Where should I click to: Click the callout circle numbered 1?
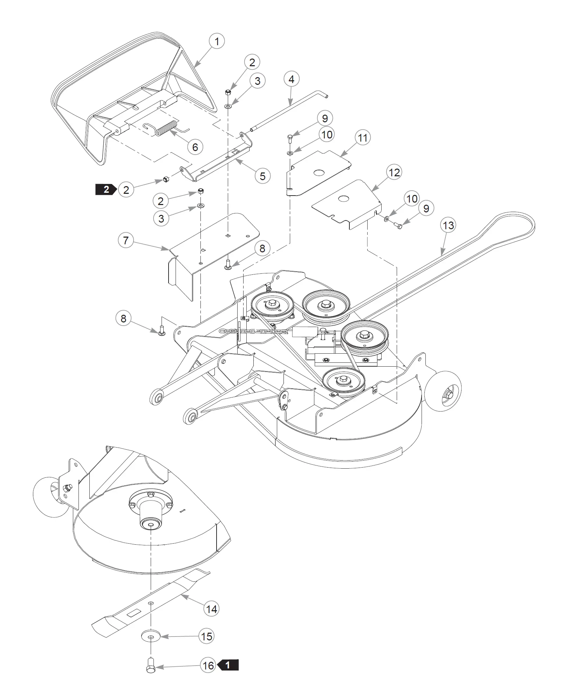point(217,41)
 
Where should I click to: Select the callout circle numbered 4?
point(291,80)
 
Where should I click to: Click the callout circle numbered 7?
point(126,240)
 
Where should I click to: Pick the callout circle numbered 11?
point(362,138)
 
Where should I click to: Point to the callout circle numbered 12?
point(394,172)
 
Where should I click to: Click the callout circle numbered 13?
point(449,225)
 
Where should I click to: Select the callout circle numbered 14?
point(211,609)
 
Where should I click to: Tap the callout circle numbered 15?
point(207,636)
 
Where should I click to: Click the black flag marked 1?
point(228,665)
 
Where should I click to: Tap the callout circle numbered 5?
point(262,176)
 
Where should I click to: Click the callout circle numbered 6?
point(195,147)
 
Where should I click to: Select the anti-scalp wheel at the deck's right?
point(443,391)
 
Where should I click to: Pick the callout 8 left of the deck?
point(123,318)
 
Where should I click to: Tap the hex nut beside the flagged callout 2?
point(165,180)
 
